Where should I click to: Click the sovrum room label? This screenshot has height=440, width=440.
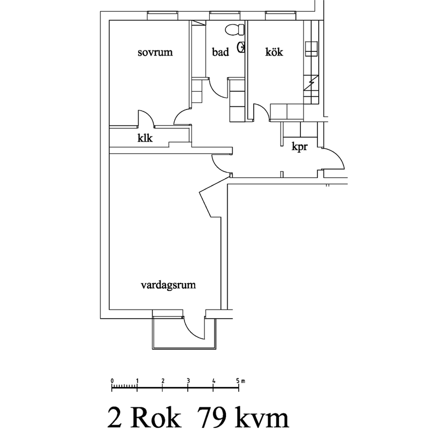pyautogui.click(x=155, y=52)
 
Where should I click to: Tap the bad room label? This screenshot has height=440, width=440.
pyautogui.click(x=221, y=52)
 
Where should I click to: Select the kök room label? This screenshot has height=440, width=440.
pyautogui.click(x=274, y=52)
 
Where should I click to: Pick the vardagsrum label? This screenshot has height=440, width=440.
pyautogui.click(x=168, y=285)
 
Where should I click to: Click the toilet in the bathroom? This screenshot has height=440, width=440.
pyautogui.click(x=235, y=29)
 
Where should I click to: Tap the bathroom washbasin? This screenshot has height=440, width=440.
pyautogui.click(x=243, y=48)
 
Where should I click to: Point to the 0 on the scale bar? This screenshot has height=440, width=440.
pyautogui.click(x=112, y=380)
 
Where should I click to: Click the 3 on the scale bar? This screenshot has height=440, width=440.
pyautogui.click(x=188, y=380)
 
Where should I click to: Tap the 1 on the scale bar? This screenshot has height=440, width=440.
pyautogui.click(x=137, y=380)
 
